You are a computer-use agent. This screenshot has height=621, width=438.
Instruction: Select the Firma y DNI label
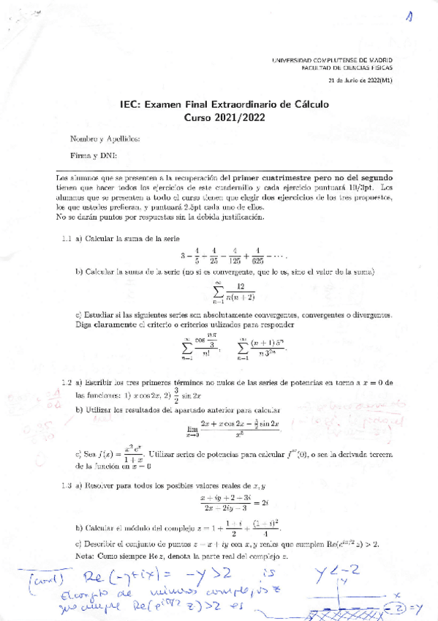pos(88,155)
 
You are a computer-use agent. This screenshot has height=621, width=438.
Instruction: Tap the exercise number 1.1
pos(66,239)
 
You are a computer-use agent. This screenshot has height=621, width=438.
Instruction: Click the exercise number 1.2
pos(66,382)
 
